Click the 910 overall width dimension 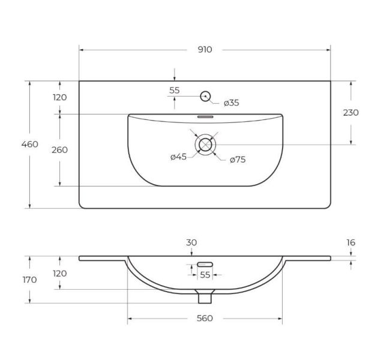205,50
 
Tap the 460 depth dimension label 29,144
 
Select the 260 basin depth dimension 59,150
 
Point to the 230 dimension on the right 351,113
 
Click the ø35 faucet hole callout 232,103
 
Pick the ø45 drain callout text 178,157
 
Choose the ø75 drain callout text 238,160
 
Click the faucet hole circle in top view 205,96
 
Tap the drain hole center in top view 205,145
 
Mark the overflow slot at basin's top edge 205,117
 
